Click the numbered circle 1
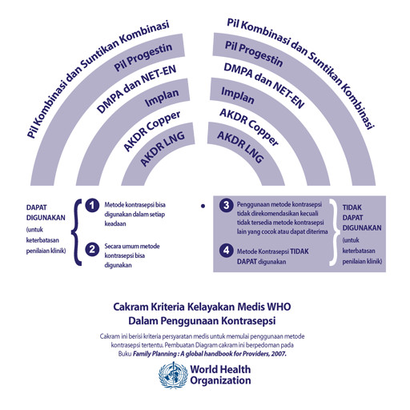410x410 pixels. pos(92,206)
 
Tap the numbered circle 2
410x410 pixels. pos(92,249)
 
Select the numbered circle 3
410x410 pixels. pos(227,205)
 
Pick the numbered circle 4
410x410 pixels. pos(227,251)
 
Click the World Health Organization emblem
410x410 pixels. pos(173,376)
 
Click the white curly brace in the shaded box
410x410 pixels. pos(334,232)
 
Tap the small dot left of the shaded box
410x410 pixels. pos(203,206)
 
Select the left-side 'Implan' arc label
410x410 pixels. pos(162,98)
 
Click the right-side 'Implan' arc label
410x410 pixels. pos(238,95)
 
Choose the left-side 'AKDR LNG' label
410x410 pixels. pos(163,148)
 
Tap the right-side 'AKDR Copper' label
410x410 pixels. pos(249,127)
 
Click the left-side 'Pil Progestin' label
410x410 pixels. pos(143,57)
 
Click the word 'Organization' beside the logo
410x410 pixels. pos(220,380)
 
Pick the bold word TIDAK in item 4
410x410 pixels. pos(299,251)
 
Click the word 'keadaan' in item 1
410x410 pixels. pos(115,223)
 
